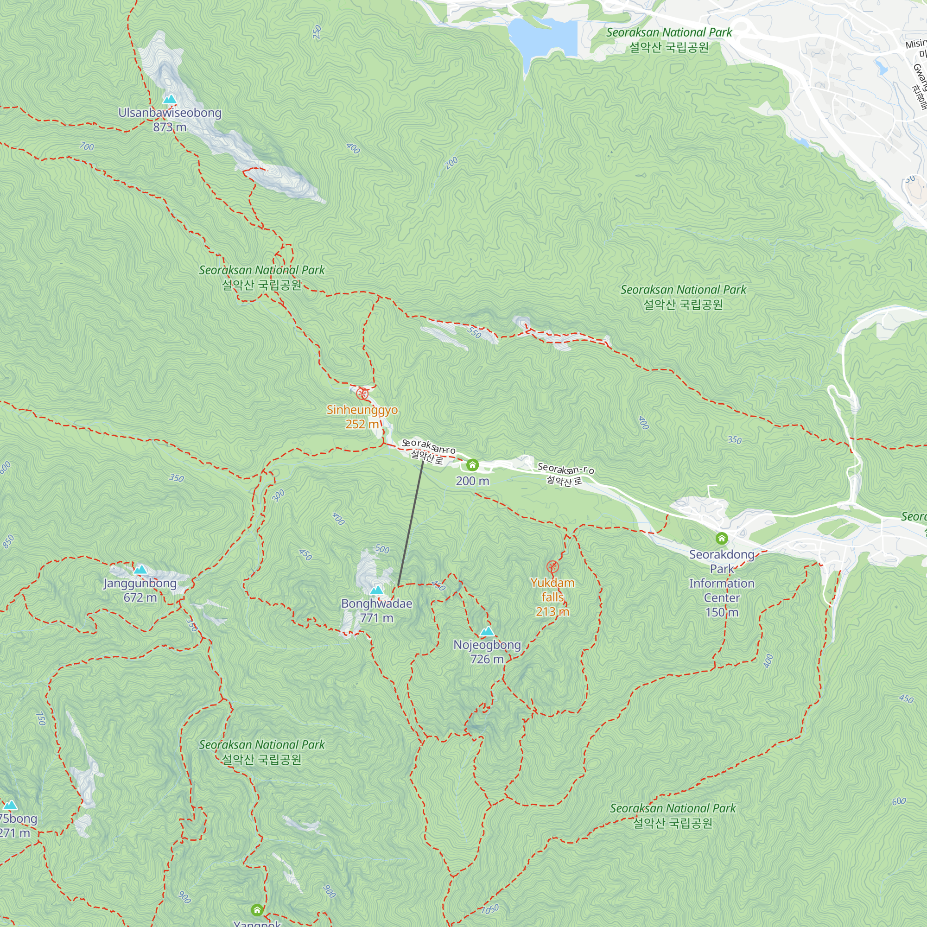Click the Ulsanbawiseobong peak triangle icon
coord(169,100)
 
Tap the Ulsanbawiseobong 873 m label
coord(170,120)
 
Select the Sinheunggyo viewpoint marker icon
coord(363,394)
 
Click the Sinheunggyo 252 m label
coord(362,417)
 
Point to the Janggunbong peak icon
coord(140,570)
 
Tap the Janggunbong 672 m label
coord(140,590)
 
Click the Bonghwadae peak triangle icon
coord(377,590)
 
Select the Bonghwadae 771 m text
coord(377,610)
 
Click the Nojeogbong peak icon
coord(487,631)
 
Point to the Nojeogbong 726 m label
coord(487,652)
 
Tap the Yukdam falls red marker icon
coord(553,567)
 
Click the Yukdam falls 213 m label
coord(552,597)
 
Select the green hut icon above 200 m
coord(472,465)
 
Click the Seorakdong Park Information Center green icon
coord(722,538)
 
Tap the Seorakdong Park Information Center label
coord(722,583)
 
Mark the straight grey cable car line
coord(411,523)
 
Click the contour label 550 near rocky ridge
coord(474,332)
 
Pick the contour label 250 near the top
coord(317,32)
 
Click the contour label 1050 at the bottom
coord(490,909)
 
